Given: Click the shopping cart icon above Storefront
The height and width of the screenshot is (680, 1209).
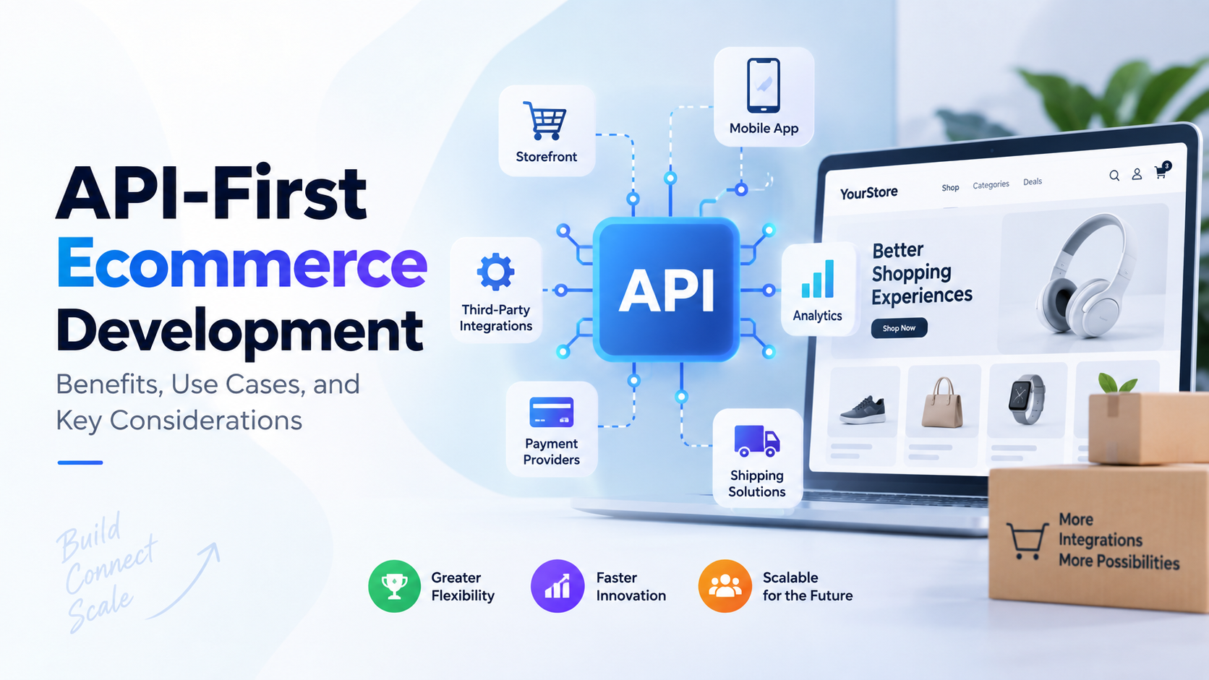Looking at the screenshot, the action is click(x=545, y=120).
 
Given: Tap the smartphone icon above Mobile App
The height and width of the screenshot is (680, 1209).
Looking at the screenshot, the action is click(x=763, y=85).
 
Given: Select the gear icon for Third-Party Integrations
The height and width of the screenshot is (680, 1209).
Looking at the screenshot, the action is click(x=495, y=271).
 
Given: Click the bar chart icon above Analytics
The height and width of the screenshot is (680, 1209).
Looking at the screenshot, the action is click(x=818, y=279).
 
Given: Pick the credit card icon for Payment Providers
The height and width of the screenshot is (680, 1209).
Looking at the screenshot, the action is click(x=551, y=413).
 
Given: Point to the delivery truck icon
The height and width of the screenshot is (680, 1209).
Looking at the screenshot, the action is click(x=756, y=441).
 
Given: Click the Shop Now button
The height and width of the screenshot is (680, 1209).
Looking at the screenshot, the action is click(x=900, y=328).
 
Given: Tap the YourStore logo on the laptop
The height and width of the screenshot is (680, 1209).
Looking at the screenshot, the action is click(x=868, y=192).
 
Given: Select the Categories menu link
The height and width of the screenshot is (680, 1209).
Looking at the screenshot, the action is click(x=991, y=184).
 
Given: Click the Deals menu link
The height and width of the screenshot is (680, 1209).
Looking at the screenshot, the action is click(x=1033, y=181).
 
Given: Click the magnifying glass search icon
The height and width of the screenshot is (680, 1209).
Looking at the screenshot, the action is click(x=1114, y=176).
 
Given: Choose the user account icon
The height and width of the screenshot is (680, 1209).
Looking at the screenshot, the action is click(x=1137, y=173).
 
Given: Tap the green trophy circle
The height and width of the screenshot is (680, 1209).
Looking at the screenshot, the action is click(x=394, y=586).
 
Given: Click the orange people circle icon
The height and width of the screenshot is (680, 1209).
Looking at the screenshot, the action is click(x=725, y=586).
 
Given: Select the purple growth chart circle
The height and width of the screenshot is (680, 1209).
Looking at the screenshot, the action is click(x=557, y=586).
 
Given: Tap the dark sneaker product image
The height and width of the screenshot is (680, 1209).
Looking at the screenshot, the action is click(x=863, y=410).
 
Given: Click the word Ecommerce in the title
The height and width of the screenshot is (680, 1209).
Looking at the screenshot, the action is click(x=242, y=263).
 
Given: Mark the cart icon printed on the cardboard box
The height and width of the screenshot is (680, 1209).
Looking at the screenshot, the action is click(x=1027, y=541).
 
